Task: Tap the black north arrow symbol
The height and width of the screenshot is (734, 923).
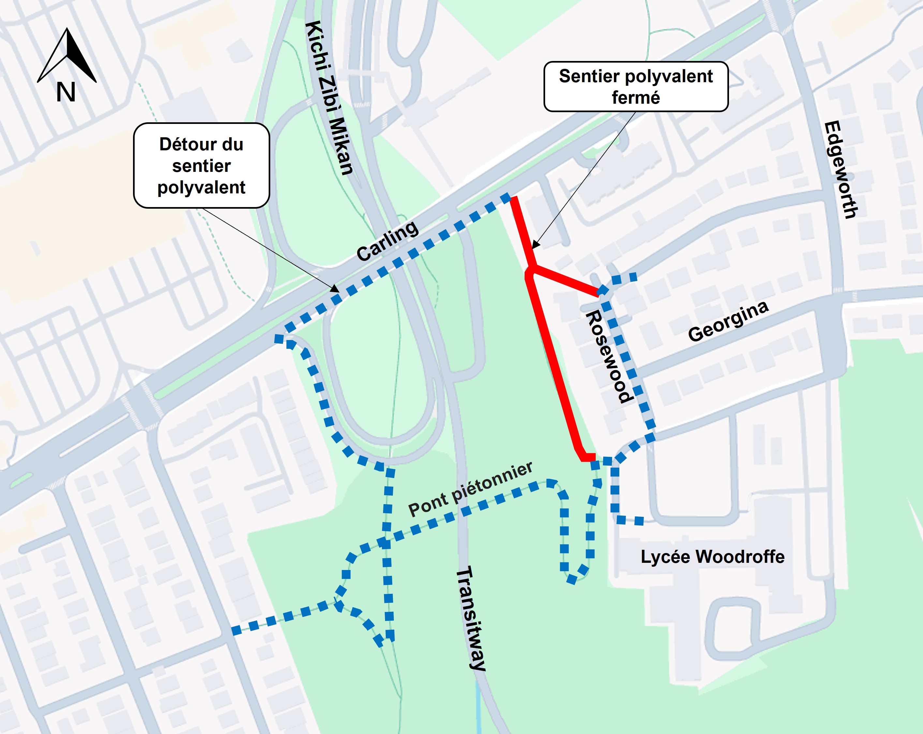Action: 67,56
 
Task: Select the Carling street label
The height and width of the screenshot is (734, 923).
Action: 387,241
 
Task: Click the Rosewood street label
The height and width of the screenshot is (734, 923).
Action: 608,356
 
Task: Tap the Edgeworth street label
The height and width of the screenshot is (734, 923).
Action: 841,170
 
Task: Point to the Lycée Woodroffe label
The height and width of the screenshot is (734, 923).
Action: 712,557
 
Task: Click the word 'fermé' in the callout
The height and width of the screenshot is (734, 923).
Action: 636,97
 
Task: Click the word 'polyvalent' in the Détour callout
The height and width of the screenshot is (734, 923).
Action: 201,187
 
